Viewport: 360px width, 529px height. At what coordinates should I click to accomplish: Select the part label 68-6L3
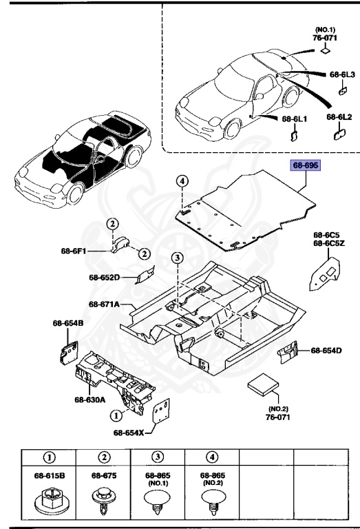(341, 73)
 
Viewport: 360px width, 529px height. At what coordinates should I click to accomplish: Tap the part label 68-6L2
(339, 117)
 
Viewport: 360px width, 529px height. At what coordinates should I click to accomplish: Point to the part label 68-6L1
(295, 118)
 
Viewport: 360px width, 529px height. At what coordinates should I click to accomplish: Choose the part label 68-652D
(104, 278)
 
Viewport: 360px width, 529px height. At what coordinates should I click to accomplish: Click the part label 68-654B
(67, 322)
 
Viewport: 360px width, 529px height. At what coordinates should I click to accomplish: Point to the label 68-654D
(326, 351)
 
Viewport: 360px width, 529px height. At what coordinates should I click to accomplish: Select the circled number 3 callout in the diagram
(177, 258)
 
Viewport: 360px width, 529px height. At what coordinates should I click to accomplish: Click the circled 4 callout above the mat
(182, 181)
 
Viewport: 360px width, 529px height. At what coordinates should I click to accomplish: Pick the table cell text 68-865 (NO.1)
(157, 478)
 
